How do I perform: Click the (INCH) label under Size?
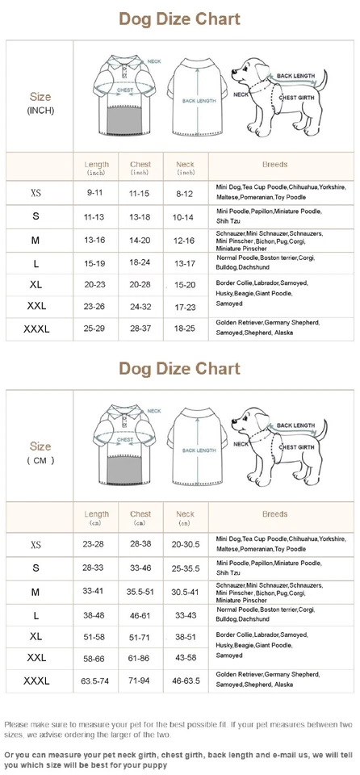(40, 110)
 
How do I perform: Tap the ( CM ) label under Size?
(40, 460)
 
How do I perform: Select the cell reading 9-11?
(94, 194)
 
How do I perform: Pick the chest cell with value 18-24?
(140, 262)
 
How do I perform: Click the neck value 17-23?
(185, 308)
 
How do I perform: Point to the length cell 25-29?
(94, 329)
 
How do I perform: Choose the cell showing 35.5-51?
(140, 592)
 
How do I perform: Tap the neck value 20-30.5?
(185, 544)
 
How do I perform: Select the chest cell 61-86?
(140, 659)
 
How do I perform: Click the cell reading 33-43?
(185, 615)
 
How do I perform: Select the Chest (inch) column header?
(140, 168)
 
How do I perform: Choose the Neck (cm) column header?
(185, 517)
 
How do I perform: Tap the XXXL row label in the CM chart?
(36, 681)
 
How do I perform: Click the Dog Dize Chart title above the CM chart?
(179, 369)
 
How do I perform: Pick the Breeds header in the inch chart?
(274, 165)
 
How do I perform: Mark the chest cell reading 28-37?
(140, 329)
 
